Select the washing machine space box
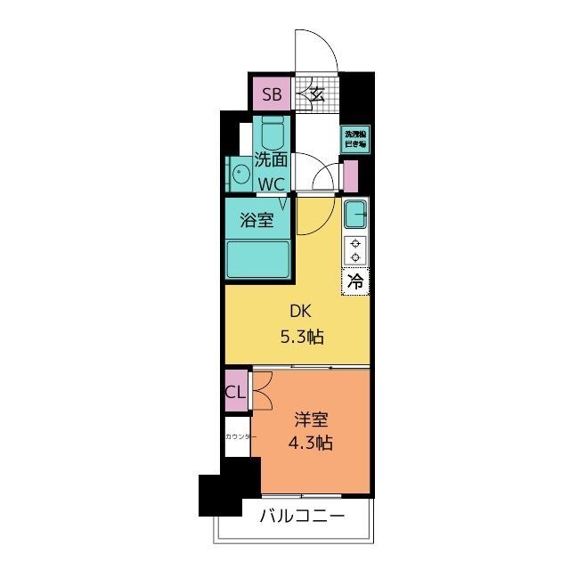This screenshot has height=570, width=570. pyautogui.click(x=356, y=138)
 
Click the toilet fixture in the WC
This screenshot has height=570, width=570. pyautogui.click(x=273, y=136)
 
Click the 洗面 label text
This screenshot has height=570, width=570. pyautogui.click(x=272, y=161)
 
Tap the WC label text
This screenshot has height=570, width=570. pyautogui.click(x=272, y=183)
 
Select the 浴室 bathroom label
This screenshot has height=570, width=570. pyautogui.click(x=258, y=221)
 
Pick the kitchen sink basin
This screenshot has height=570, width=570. pyautogui.click(x=356, y=216)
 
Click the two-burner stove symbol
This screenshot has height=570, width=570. pyautogui.click(x=356, y=250)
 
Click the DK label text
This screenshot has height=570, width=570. pyautogui.click(x=297, y=312)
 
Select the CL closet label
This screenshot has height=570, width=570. pyautogui.click(x=236, y=392)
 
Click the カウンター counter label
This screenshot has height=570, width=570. pyautogui.click(x=240, y=436)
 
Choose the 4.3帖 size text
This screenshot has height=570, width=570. pyautogui.click(x=312, y=443)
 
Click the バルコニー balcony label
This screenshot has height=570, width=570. pyautogui.click(x=302, y=516)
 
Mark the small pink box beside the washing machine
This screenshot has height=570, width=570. pyautogui.click(x=350, y=175)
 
